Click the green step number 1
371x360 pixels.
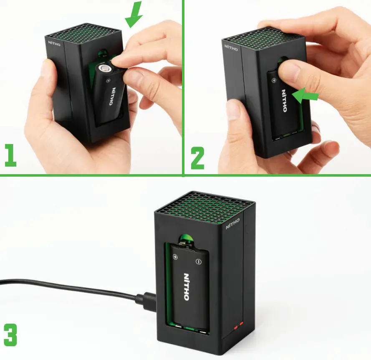tap(10, 155)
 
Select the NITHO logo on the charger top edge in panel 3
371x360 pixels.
tap(233, 225)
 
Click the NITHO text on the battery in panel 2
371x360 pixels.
tap(284, 100)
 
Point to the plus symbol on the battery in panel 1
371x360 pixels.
tap(109, 80)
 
